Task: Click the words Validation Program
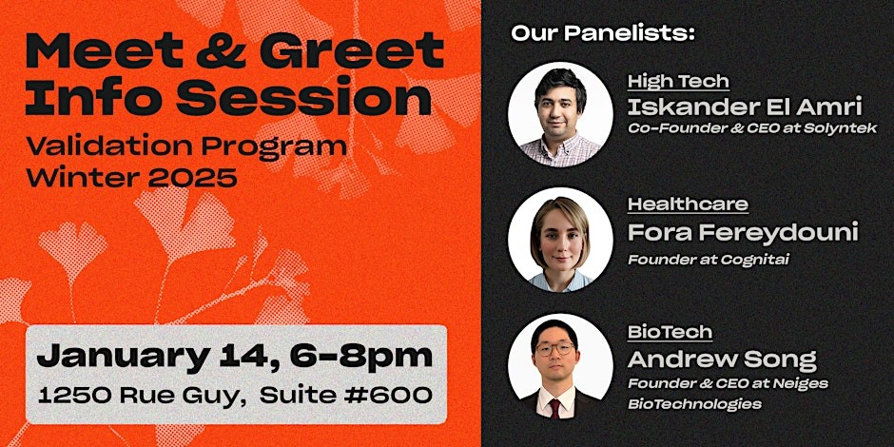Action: pyautogui.click(x=186, y=147)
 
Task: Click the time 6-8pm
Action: pyautogui.click(x=360, y=357)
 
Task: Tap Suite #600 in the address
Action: pyautogui.click(x=345, y=395)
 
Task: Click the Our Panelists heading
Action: pyautogui.click(x=603, y=33)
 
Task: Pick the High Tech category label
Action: pyautogui.click(x=678, y=82)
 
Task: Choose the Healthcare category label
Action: pyautogui.click(x=689, y=204)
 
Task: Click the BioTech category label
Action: pyautogui.click(x=670, y=332)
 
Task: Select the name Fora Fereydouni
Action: pyautogui.click(x=743, y=233)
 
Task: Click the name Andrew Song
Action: pyautogui.click(x=722, y=360)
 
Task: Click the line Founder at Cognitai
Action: pyautogui.click(x=709, y=260)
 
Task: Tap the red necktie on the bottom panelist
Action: pyautogui.click(x=554, y=408)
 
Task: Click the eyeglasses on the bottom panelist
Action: pyautogui.click(x=554, y=348)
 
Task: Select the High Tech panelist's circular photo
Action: pyautogui.click(x=560, y=114)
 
